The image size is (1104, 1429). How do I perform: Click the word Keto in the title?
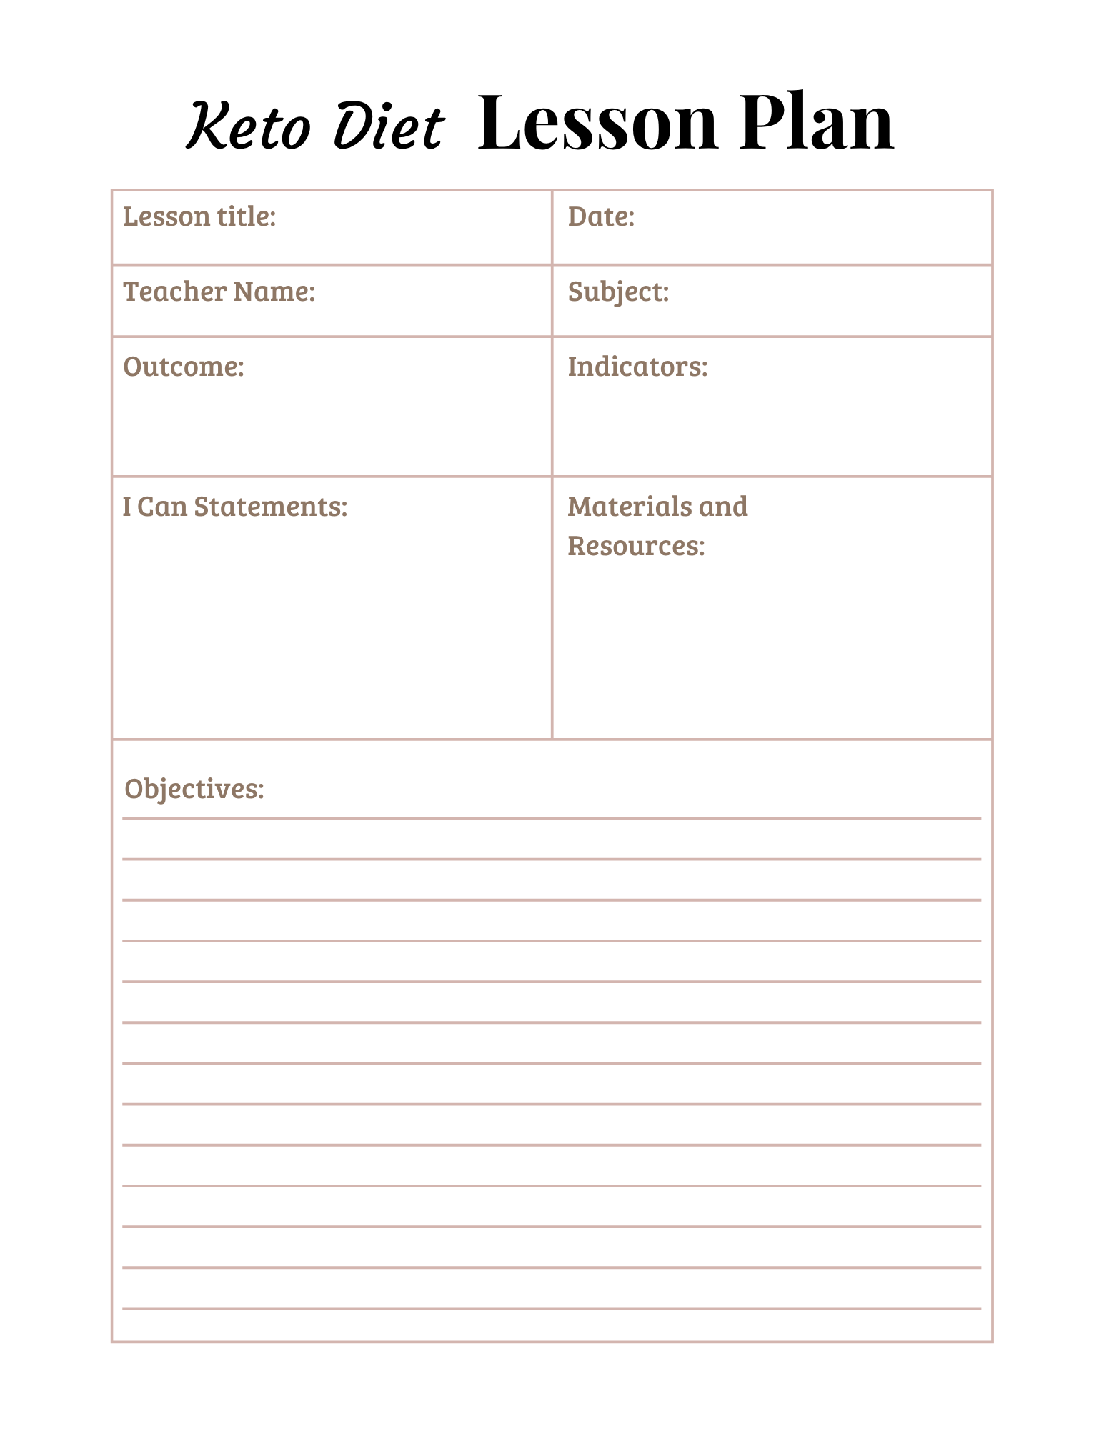(x=249, y=126)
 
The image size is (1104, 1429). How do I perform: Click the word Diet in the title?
(x=389, y=126)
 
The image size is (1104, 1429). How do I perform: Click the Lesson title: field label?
(x=199, y=216)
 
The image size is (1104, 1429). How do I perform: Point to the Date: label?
(x=601, y=216)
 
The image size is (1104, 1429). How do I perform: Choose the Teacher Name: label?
(x=219, y=292)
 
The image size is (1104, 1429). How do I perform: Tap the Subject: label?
(x=618, y=292)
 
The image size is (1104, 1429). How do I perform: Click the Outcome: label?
(x=184, y=367)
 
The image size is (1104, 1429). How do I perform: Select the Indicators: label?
(x=637, y=367)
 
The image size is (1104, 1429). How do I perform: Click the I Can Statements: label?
(x=235, y=507)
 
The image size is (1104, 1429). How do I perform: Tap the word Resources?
(x=636, y=546)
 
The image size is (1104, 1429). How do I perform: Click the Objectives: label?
(x=194, y=789)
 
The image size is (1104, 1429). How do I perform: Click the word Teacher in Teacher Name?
(x=175, y=292)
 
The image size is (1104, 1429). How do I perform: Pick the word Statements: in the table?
(x=271, y=507)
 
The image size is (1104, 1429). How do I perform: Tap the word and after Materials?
(x=723, y=507)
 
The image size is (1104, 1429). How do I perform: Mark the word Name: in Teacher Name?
(x=274, y=292)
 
